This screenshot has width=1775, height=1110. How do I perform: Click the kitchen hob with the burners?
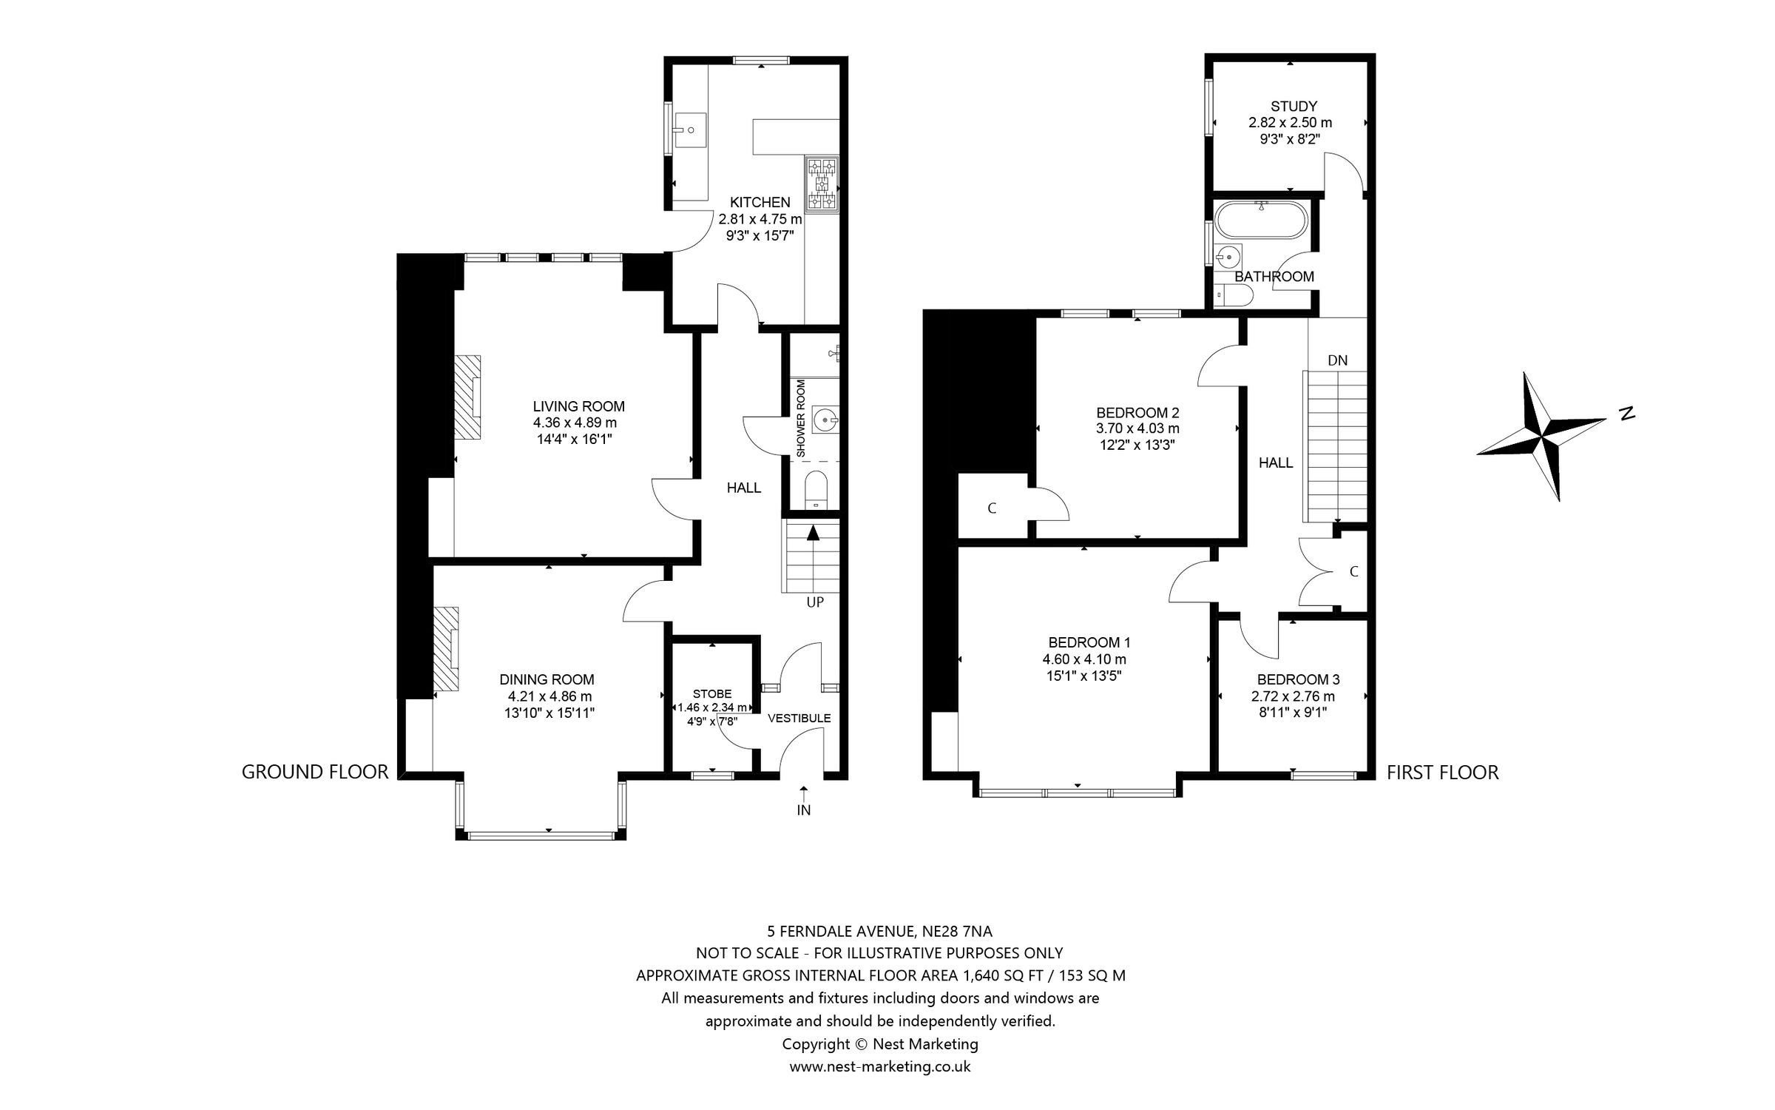point(822,184)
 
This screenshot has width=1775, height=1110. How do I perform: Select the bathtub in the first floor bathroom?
point(1261,220)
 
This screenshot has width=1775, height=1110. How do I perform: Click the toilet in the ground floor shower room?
point(815,489)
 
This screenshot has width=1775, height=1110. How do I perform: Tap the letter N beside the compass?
point(1626,414)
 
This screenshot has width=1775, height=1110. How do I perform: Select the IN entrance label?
point(804,810)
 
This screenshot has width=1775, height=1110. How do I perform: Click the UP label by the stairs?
point(814,602)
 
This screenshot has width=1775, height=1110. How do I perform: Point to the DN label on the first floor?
point(1337,361)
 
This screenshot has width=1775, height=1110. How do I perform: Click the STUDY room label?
point(1294,107)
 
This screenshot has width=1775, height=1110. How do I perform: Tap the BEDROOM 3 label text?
point(1298,679)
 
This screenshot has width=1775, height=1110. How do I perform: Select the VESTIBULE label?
point(799,718)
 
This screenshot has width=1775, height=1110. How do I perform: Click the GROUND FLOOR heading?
point(315,772)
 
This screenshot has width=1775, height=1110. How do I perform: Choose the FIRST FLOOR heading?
point(1442,773)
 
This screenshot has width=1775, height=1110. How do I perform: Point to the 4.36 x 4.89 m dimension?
point(575,423)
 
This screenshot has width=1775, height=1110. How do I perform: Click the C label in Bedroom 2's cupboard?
point(992,508)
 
